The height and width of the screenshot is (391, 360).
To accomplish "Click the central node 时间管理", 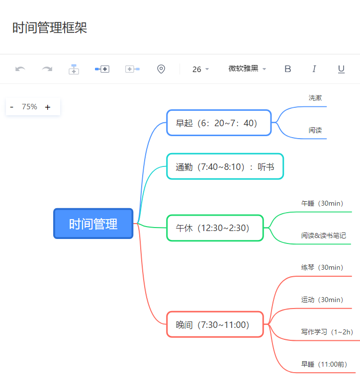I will (x=93, y=224).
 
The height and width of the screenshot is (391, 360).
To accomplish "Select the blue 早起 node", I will (x=219, y=123).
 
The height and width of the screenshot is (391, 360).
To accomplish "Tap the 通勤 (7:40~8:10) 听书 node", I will (x=225, y=166).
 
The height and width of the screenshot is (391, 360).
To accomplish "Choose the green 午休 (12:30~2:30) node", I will (x=215, y=228).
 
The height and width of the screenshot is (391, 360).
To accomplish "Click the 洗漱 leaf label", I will (x=315, y=98).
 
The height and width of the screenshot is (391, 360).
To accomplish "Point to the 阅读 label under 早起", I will (x=315, y=130).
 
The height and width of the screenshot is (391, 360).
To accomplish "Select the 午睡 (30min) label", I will (x=322, y=203).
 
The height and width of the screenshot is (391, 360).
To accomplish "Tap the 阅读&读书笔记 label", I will (x=323, y=235).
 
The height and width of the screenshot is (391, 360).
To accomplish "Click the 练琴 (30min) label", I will (x=322, y=267).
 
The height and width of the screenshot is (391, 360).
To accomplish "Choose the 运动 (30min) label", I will (x=322, y=300).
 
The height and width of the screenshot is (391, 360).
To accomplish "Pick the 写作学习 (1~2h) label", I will (x=327, y=332).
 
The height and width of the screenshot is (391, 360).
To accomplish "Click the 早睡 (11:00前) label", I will (x=324, y=364).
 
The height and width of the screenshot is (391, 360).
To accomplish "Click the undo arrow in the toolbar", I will (x=20, y=69).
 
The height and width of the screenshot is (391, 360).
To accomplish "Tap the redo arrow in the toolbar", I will (x=47, y=69).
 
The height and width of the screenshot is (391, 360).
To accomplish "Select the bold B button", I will (x=287, y=69).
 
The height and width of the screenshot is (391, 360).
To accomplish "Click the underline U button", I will (x=341, y=69).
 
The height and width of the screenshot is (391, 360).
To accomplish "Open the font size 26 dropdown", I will (x=200, y=69).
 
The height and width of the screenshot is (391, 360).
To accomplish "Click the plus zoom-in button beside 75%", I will (x=48, y=107).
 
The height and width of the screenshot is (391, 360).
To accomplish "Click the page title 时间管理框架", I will (x=50, y=28).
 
